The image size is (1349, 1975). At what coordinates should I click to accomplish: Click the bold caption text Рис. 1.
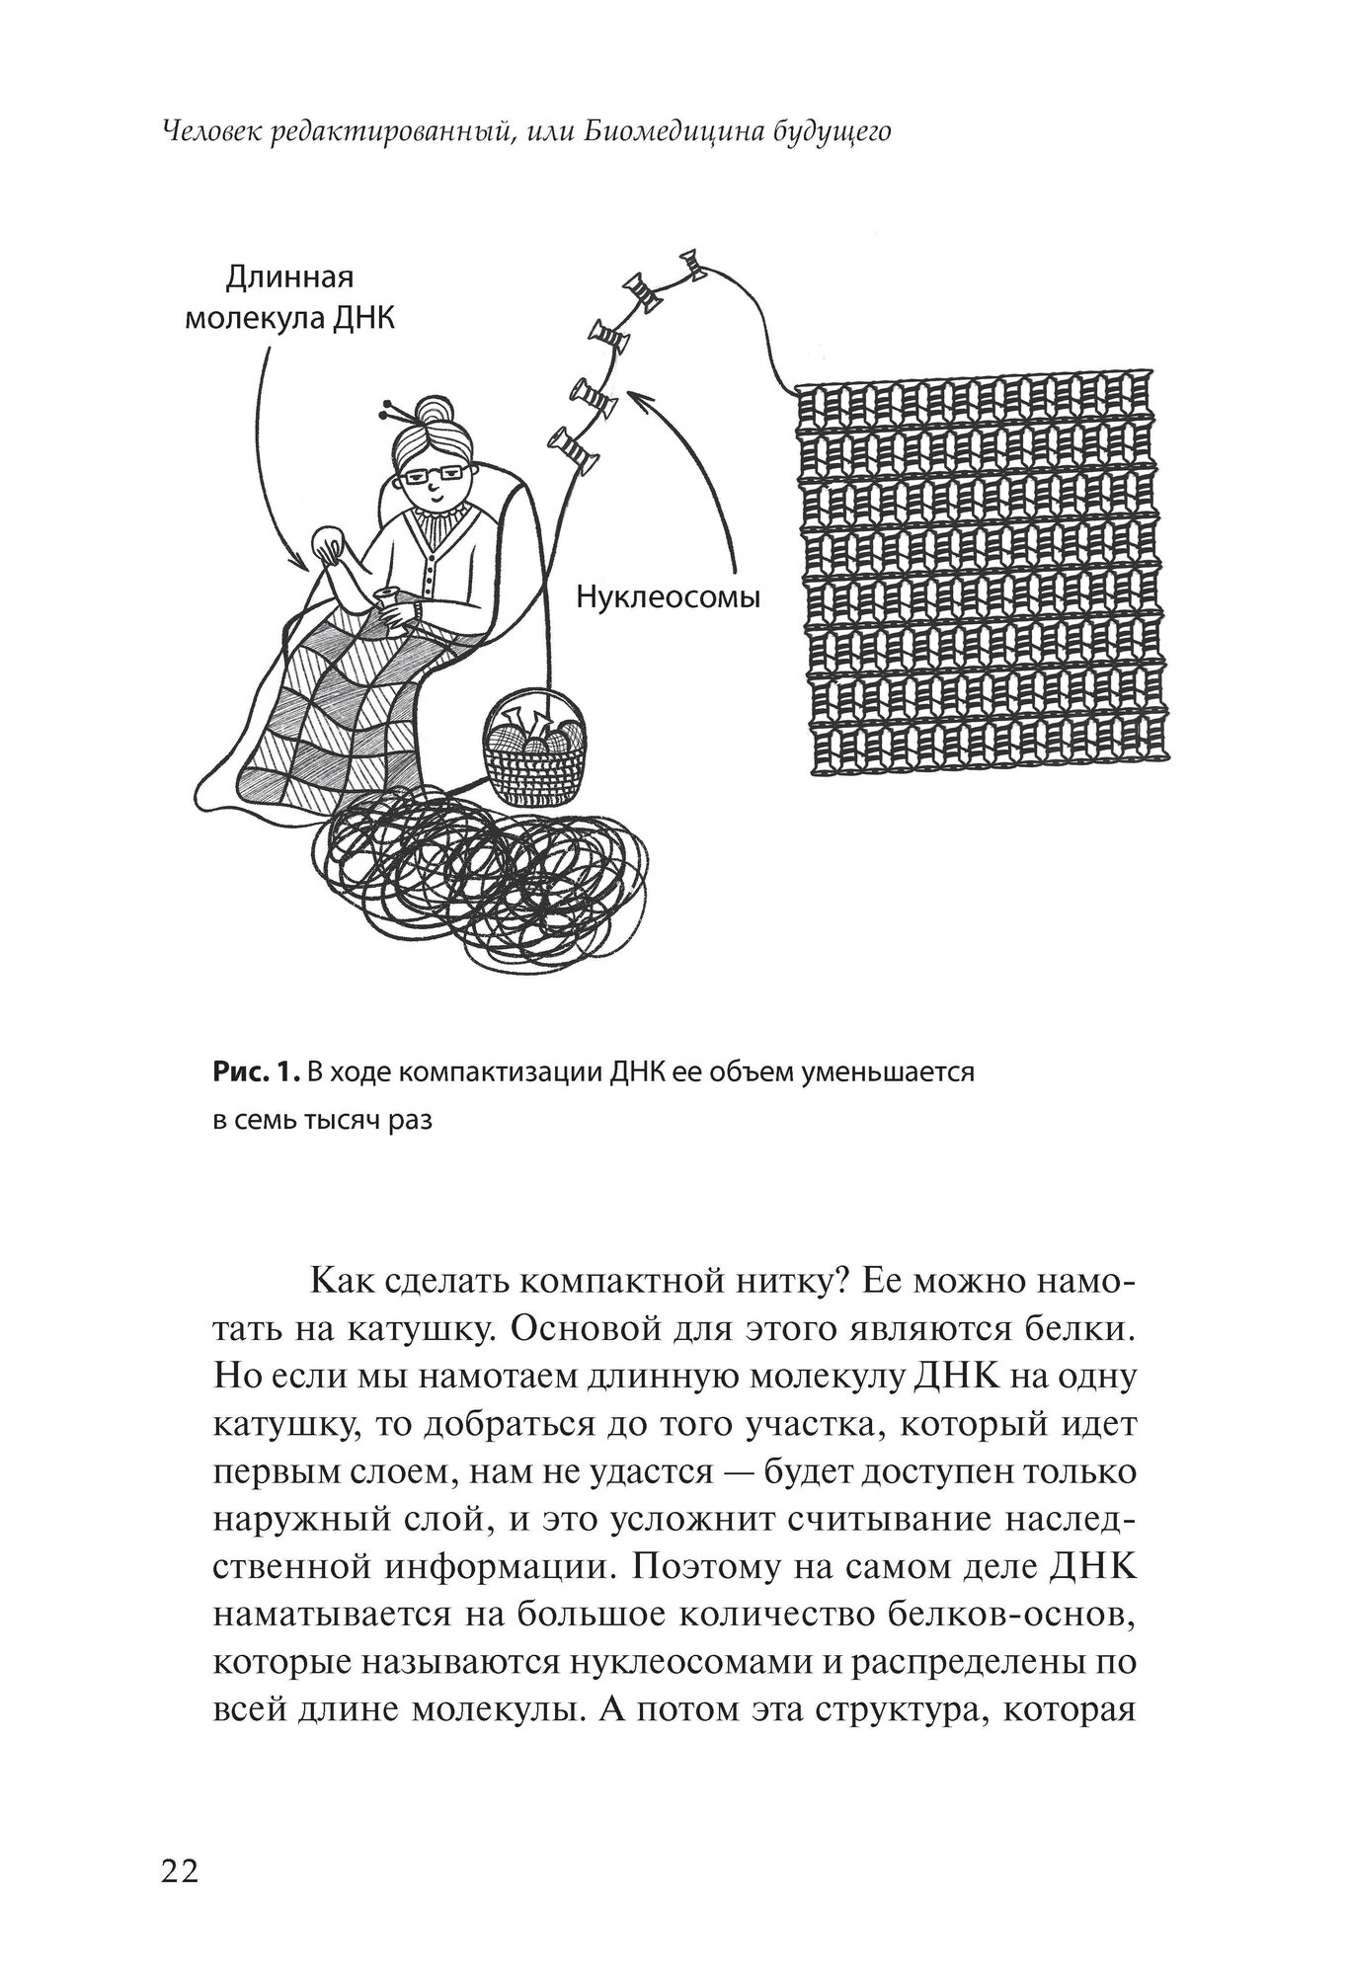pos(254,1071)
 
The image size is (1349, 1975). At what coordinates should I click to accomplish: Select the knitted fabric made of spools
pos(983,580)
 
